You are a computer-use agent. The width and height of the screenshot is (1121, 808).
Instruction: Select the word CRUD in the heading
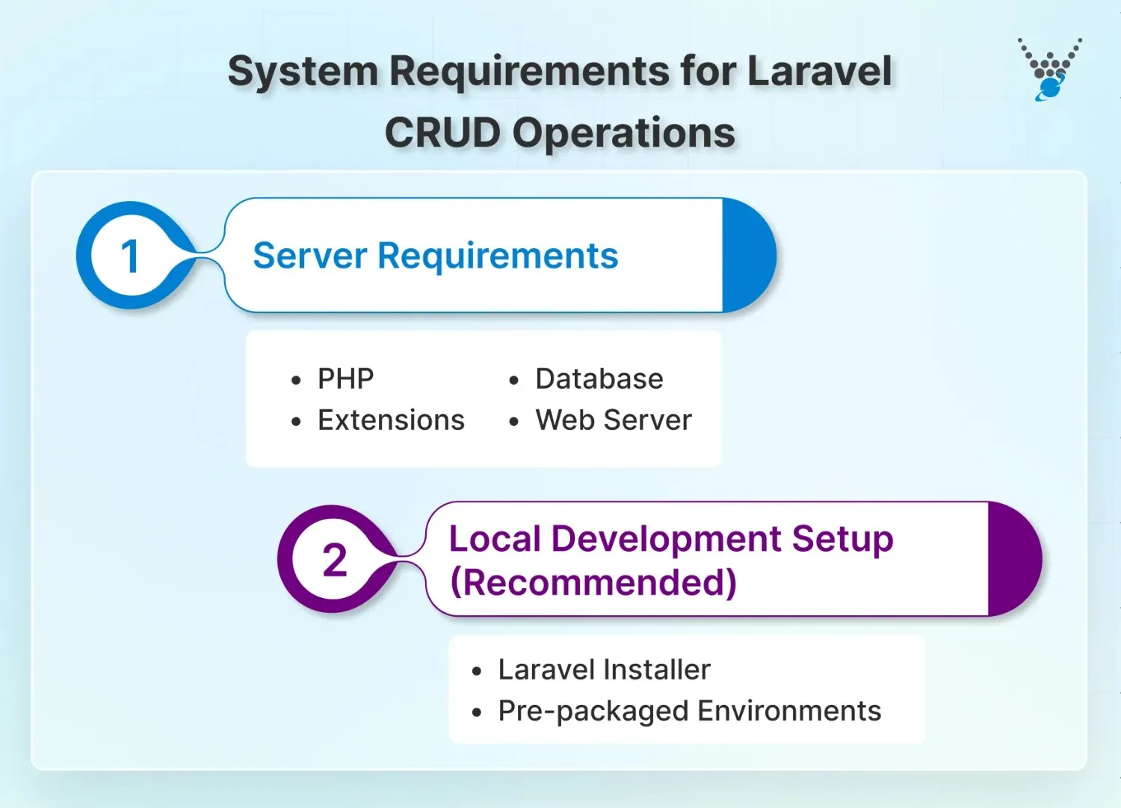tap(442, 133)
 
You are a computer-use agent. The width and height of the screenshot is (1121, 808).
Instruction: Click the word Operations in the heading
tap(623, 133)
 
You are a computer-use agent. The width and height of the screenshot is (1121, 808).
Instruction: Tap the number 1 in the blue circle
tap(130, 256)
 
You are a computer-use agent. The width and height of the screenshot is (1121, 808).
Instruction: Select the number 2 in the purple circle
tap(334, 560)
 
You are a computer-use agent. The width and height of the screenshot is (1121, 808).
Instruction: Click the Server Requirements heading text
tap(435, 256)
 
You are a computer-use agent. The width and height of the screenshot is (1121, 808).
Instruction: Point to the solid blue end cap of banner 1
tap(747, 256)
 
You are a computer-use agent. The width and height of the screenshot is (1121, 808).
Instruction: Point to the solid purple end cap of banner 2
tap(1013, 559)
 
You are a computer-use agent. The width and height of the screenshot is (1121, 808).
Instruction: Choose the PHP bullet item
tap(345, 379)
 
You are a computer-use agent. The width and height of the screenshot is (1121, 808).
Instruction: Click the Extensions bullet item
tap(391, 420)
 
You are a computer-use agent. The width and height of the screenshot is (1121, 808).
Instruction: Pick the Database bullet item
tap(599, 379)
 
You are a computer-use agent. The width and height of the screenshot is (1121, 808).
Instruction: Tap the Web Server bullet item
tap(613, 420)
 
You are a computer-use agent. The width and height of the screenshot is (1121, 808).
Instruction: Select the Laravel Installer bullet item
tap(604, 670)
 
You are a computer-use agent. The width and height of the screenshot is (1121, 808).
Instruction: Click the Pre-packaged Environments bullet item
tap(689, 711)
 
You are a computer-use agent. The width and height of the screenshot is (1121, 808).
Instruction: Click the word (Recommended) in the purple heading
tap(593, 582)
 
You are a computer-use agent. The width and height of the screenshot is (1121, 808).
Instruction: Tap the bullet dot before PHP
tap(297, 380)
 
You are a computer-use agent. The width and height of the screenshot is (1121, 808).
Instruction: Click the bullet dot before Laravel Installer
tap(477, 671)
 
